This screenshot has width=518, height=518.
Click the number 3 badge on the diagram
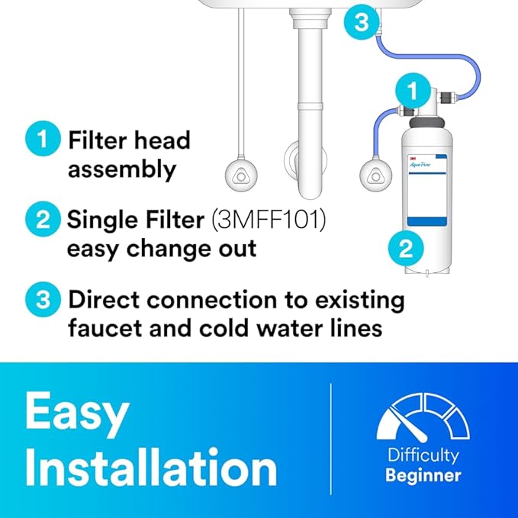(362, 22)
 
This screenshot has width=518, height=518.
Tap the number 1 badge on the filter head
(413, 91)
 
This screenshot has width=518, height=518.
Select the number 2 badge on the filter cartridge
(406, 248)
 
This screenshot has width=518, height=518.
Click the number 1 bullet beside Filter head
(43, 139)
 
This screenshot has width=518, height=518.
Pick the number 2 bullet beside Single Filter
(43, 219)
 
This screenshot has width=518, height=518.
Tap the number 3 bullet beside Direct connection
(43, 300)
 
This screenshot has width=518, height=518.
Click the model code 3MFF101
(269, 220)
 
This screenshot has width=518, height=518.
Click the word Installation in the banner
(151, 466)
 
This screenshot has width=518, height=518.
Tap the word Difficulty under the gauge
(423, 455)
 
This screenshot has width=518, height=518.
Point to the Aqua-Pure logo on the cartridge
(420, 164)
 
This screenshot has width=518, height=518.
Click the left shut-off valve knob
(241, 175)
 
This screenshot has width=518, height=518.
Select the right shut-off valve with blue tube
(376, 175)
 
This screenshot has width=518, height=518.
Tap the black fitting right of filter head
(448, 97)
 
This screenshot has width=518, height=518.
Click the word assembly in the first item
(122, 169)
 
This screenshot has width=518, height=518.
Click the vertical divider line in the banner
(330, 439)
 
